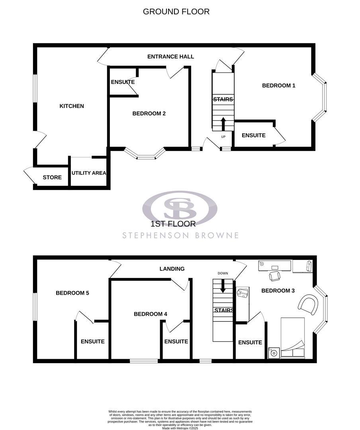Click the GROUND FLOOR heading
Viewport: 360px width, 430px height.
tap(176, 12)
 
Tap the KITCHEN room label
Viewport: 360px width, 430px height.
tap(72, 106)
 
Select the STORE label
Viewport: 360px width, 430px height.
tap(52, 177)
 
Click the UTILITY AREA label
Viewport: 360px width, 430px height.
tap(89, 173)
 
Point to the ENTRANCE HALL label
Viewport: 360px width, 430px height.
tap(170, 57)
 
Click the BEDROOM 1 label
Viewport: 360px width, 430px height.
tap(278, 85)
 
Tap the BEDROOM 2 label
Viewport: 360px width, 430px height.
tap(149, 113)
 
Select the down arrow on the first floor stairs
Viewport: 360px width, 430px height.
tap(223, 285)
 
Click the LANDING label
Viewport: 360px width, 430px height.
tap(172, 269)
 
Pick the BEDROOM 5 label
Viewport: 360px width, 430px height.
tap(72, 293)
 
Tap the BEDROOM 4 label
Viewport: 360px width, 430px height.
tap(150, 314)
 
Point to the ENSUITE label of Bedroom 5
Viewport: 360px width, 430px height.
tap(92, 342)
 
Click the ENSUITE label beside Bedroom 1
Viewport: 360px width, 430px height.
tap(254, 135)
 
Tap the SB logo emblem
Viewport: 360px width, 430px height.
tap(180, 207)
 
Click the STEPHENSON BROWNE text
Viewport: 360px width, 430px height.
tap(180, 235)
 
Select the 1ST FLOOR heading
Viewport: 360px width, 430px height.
tap(174, 224)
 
